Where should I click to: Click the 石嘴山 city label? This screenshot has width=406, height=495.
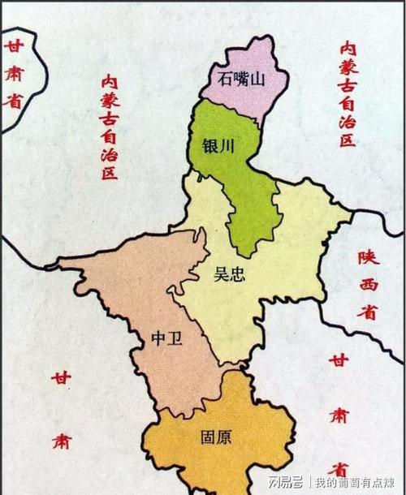pyautogui.click(x=241, y=79)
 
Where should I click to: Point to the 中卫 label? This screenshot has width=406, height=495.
pyautogui.click(x=166, y=338)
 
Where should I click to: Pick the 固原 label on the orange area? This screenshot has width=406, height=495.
pyautogui.click(x=214, y=437)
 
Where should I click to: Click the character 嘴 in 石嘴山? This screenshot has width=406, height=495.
pyautogui.click(x=242, y=79)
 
